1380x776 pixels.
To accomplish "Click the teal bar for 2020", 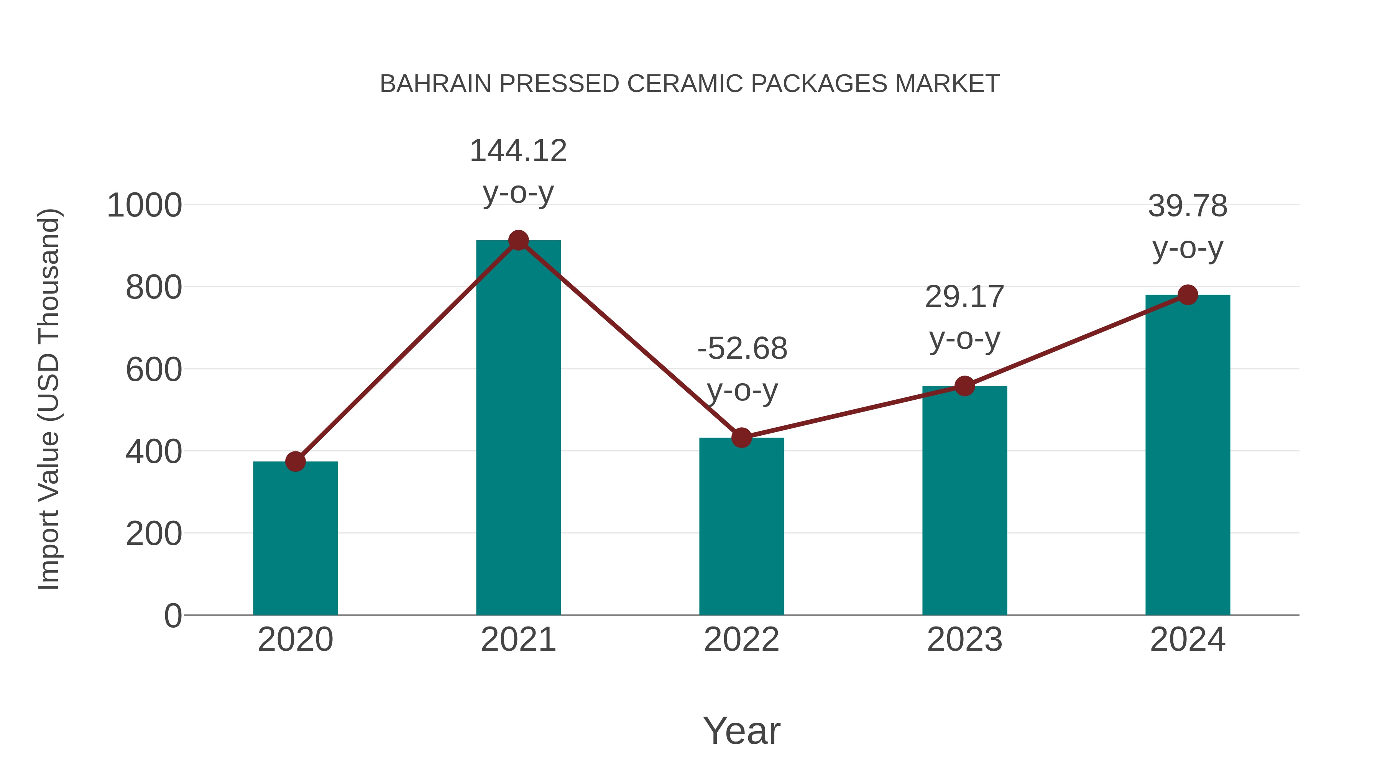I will (295, 538).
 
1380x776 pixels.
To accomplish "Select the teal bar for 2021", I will (518, 428).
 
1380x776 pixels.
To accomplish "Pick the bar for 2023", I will (964, 501).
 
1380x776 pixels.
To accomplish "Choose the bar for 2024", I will (1188, 455).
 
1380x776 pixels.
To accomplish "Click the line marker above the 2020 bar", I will (295, 461).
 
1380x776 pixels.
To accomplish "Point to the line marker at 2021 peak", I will (518, 240).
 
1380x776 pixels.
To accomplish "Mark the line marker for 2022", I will (741, 438).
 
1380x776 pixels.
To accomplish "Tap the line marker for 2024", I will (1188, 295).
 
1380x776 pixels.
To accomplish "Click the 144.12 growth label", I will (518, 151).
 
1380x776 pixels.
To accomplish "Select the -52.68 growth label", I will (742, 349).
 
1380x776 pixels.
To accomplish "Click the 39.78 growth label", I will (1188, 206).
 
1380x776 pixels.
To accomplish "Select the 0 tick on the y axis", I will (172, 616).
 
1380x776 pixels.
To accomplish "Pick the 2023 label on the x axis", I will (964, 640).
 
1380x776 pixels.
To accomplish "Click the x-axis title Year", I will (741, 730).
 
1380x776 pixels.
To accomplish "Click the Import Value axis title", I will (49, 399).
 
